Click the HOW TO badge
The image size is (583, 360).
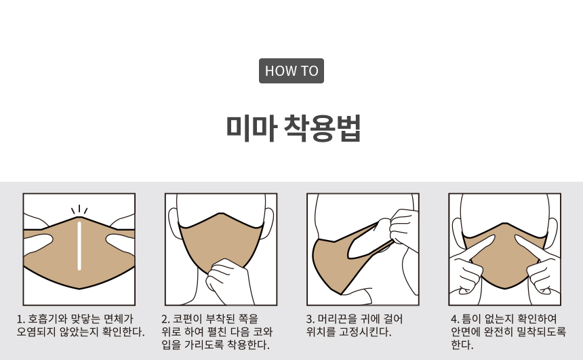coord(291,71)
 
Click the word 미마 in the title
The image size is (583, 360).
coord(252,128)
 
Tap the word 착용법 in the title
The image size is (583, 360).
coord(323,128)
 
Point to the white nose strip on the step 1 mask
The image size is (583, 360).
coord(79,246)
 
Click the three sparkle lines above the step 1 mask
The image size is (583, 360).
coord(79,209)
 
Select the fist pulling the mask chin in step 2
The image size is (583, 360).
coord(227,281)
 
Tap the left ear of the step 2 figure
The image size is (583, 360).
coord(174,223)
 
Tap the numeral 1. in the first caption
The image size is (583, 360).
coord(21,319)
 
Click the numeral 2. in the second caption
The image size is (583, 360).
coord(165,319)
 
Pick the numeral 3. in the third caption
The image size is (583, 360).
coord(310,319)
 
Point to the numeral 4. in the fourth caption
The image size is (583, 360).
coord(455,319)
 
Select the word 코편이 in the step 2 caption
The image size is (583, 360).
coord(187,319)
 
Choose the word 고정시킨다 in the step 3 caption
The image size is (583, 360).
coord(365,332)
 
